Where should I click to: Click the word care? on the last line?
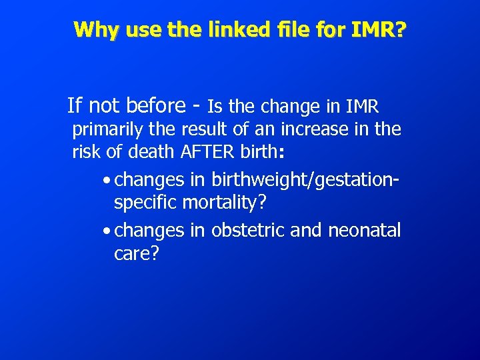coord(136,254)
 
